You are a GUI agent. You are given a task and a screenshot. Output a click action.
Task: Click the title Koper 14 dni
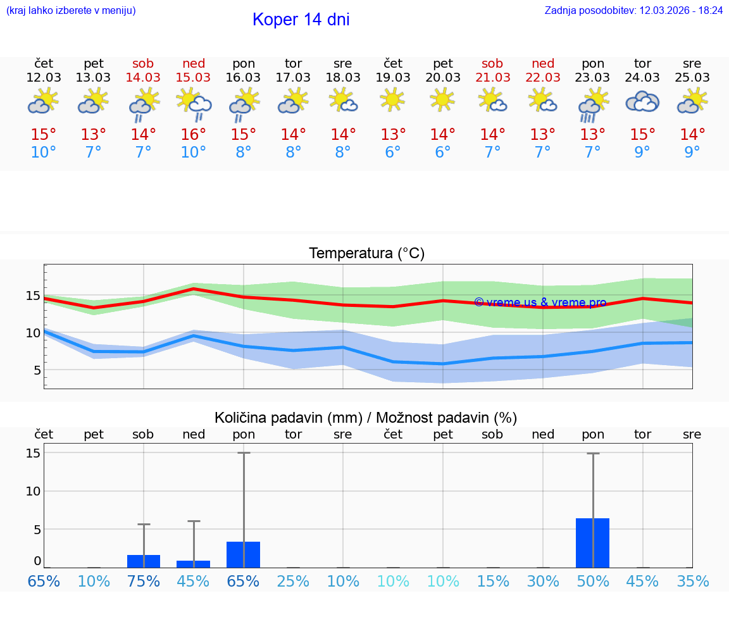301,20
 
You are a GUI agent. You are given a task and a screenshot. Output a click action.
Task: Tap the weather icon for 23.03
592,104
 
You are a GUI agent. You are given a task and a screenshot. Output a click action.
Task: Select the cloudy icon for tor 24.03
642,102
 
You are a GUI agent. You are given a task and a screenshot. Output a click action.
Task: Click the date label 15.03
193,77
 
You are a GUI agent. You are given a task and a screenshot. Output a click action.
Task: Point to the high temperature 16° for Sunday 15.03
193,134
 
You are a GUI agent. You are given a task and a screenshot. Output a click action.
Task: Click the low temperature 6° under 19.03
393,153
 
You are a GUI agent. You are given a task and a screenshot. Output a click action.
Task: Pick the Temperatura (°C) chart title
366,254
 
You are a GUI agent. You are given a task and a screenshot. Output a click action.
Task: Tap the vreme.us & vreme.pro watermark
540,302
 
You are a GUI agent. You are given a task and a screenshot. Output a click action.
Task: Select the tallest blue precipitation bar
592,543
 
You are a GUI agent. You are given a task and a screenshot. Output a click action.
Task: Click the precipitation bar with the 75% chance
144,561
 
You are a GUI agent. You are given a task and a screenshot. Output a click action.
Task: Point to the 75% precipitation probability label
144,581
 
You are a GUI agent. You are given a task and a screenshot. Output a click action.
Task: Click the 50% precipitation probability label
592,581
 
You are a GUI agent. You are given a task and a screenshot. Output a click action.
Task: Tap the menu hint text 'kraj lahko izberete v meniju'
71,11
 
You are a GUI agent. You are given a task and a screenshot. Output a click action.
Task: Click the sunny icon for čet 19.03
393,100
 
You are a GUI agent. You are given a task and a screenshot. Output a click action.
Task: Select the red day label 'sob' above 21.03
492,63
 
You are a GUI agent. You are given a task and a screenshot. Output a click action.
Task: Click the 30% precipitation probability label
543,581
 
